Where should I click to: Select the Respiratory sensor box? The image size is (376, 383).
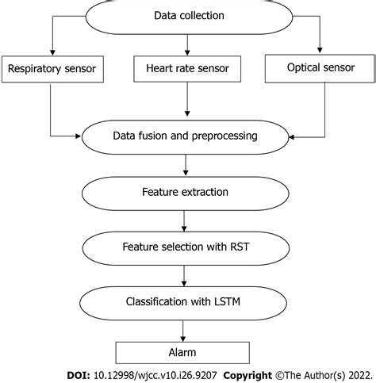52,69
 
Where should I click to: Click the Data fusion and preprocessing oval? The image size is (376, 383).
185,136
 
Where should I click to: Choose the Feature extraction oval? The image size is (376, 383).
185,191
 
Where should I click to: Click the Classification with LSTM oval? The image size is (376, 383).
185,301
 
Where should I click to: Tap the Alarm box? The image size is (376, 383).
185,352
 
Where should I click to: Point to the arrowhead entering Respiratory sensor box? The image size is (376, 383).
51,52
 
